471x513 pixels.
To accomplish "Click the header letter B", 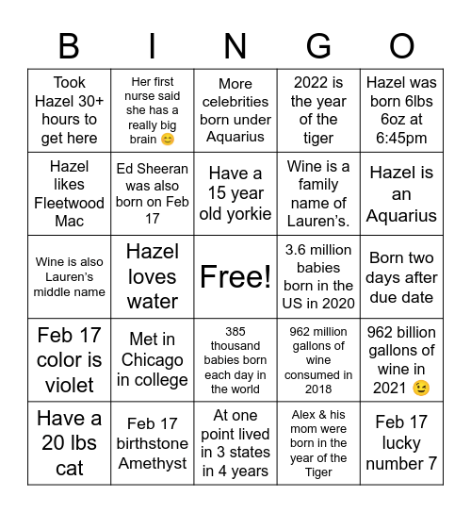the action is click(69, 45).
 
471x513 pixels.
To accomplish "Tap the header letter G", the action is click(318, 45).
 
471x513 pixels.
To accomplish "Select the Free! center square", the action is click(235, 276).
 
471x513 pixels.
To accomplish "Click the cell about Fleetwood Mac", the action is click(69, 193).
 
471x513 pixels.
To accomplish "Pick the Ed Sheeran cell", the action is click(153, 193).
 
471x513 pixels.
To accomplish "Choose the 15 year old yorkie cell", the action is click(235, 193).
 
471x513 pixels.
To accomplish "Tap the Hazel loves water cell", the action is click(153, 276).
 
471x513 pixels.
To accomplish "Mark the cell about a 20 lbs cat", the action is click(69, 443).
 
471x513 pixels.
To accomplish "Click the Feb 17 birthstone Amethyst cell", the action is click(153, 443).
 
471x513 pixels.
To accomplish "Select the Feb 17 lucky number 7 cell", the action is click(401, 443).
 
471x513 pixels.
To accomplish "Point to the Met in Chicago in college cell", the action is click(153, 359).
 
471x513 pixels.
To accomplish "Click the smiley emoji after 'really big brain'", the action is click(168, 140).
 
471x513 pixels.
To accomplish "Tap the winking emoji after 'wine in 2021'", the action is click(420, 388).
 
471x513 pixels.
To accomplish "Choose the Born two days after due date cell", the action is click(401, 276).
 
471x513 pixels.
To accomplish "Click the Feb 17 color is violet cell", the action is click(69, 359).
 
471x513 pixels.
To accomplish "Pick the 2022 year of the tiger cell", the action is click(318, 110).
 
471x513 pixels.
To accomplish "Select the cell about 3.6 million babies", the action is click(318, 276).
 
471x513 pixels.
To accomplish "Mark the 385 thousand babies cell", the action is click(235, 359).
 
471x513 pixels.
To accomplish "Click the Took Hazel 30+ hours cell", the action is click(69, 110).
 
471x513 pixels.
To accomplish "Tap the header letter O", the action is click(401, 45).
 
